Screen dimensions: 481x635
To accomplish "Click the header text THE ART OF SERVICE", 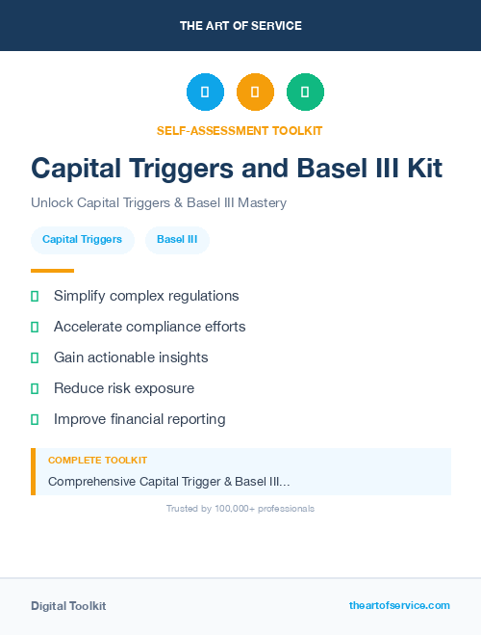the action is [x=240, y=26].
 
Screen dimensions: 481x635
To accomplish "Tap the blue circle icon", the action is [x=205, y=93].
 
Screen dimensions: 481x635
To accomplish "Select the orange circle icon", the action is [x=255, y=93].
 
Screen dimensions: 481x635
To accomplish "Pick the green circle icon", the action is [x=305, y=93].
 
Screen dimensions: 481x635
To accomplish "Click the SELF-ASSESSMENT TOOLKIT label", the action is [x=240, y=130].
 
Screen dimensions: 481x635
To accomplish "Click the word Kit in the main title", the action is [x=421, y=169].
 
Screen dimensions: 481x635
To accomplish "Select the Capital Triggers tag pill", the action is [x=82, y=240].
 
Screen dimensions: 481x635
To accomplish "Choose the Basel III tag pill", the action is [x=177, y=240].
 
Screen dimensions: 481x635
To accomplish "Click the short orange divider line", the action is [x=52, y=271].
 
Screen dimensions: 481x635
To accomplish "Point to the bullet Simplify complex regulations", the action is [x=146, y=296].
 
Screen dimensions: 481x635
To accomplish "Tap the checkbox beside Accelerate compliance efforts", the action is [x=35, y=327].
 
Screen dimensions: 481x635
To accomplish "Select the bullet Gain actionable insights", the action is [x=131, y=357].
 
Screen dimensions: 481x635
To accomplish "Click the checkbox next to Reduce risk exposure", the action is [x=35, y=388].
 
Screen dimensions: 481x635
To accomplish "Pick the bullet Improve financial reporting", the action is [x=139, y=419].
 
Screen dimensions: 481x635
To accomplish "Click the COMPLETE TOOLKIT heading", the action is [x=97, y=461].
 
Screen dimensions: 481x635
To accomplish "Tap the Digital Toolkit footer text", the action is [x=68, y=606].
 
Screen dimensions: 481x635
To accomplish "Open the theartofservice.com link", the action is [x=399, y=605].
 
